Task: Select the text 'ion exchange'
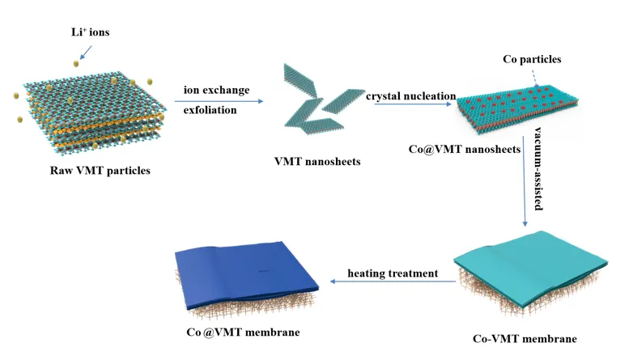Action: tap(216, 90)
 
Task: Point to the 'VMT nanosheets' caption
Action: tap(317, 161)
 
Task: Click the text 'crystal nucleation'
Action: tap(411, 95)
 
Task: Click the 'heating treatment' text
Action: tap(393, 273)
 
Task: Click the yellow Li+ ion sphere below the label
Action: tap(76, 62)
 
